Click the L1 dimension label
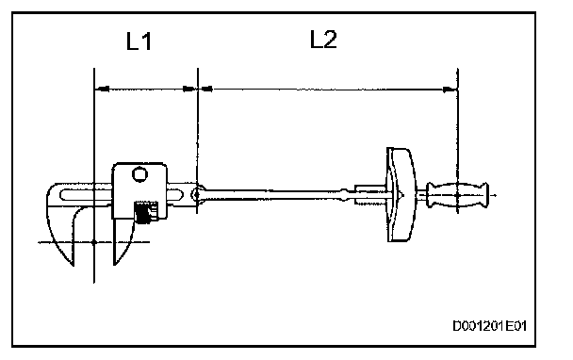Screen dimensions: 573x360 coord(139,41)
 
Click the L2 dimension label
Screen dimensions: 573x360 coord(323,39)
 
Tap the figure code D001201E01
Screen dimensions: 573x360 coord(489,326)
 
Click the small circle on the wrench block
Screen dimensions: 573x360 coord(139,174)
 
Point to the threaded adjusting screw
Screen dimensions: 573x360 coord(146,212)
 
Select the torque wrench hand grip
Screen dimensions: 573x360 coord(457,195)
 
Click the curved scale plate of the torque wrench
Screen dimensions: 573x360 coord(401,194)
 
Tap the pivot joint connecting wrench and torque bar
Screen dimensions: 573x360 coord(197,194)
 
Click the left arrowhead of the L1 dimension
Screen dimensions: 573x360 coord(102,89)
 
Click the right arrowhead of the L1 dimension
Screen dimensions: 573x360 coord(190,89)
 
